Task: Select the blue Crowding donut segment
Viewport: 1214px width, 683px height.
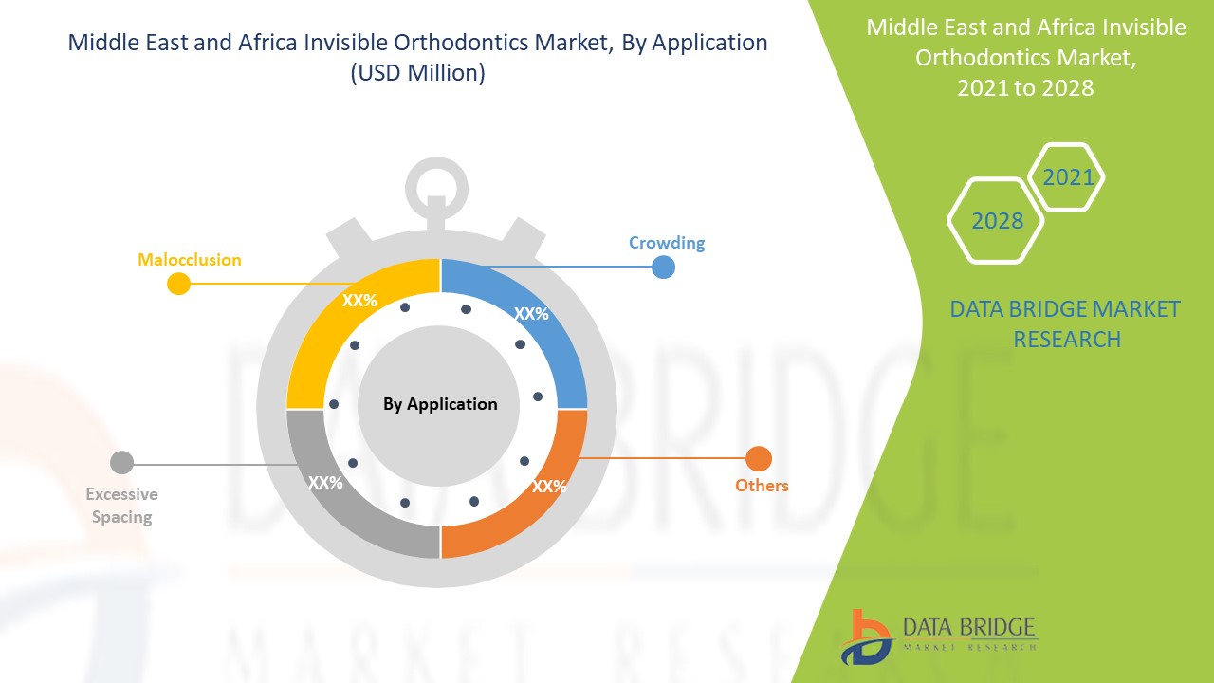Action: click(553, 325)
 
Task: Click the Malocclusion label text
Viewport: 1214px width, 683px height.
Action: click(189, 260)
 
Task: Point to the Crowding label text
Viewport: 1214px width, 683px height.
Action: click(667, 243)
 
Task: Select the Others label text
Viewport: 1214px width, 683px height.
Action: click(762, 485)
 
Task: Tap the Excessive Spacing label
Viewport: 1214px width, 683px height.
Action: click(122, 506)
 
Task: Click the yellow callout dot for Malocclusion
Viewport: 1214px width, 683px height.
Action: click(178, 284)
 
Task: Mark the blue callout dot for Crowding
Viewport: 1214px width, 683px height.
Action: click(663, 268)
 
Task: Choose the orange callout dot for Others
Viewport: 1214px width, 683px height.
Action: click(759, 458)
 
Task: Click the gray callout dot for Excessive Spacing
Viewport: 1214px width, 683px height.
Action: click(122, 462)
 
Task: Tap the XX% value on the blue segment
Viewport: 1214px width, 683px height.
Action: click(531, 313)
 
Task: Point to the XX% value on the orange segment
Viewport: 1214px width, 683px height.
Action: click(549, 487)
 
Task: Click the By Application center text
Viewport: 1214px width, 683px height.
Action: click(440, 404)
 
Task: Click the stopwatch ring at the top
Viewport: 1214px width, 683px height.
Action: click(437, 162)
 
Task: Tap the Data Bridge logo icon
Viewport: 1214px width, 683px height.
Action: click(866, 637)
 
